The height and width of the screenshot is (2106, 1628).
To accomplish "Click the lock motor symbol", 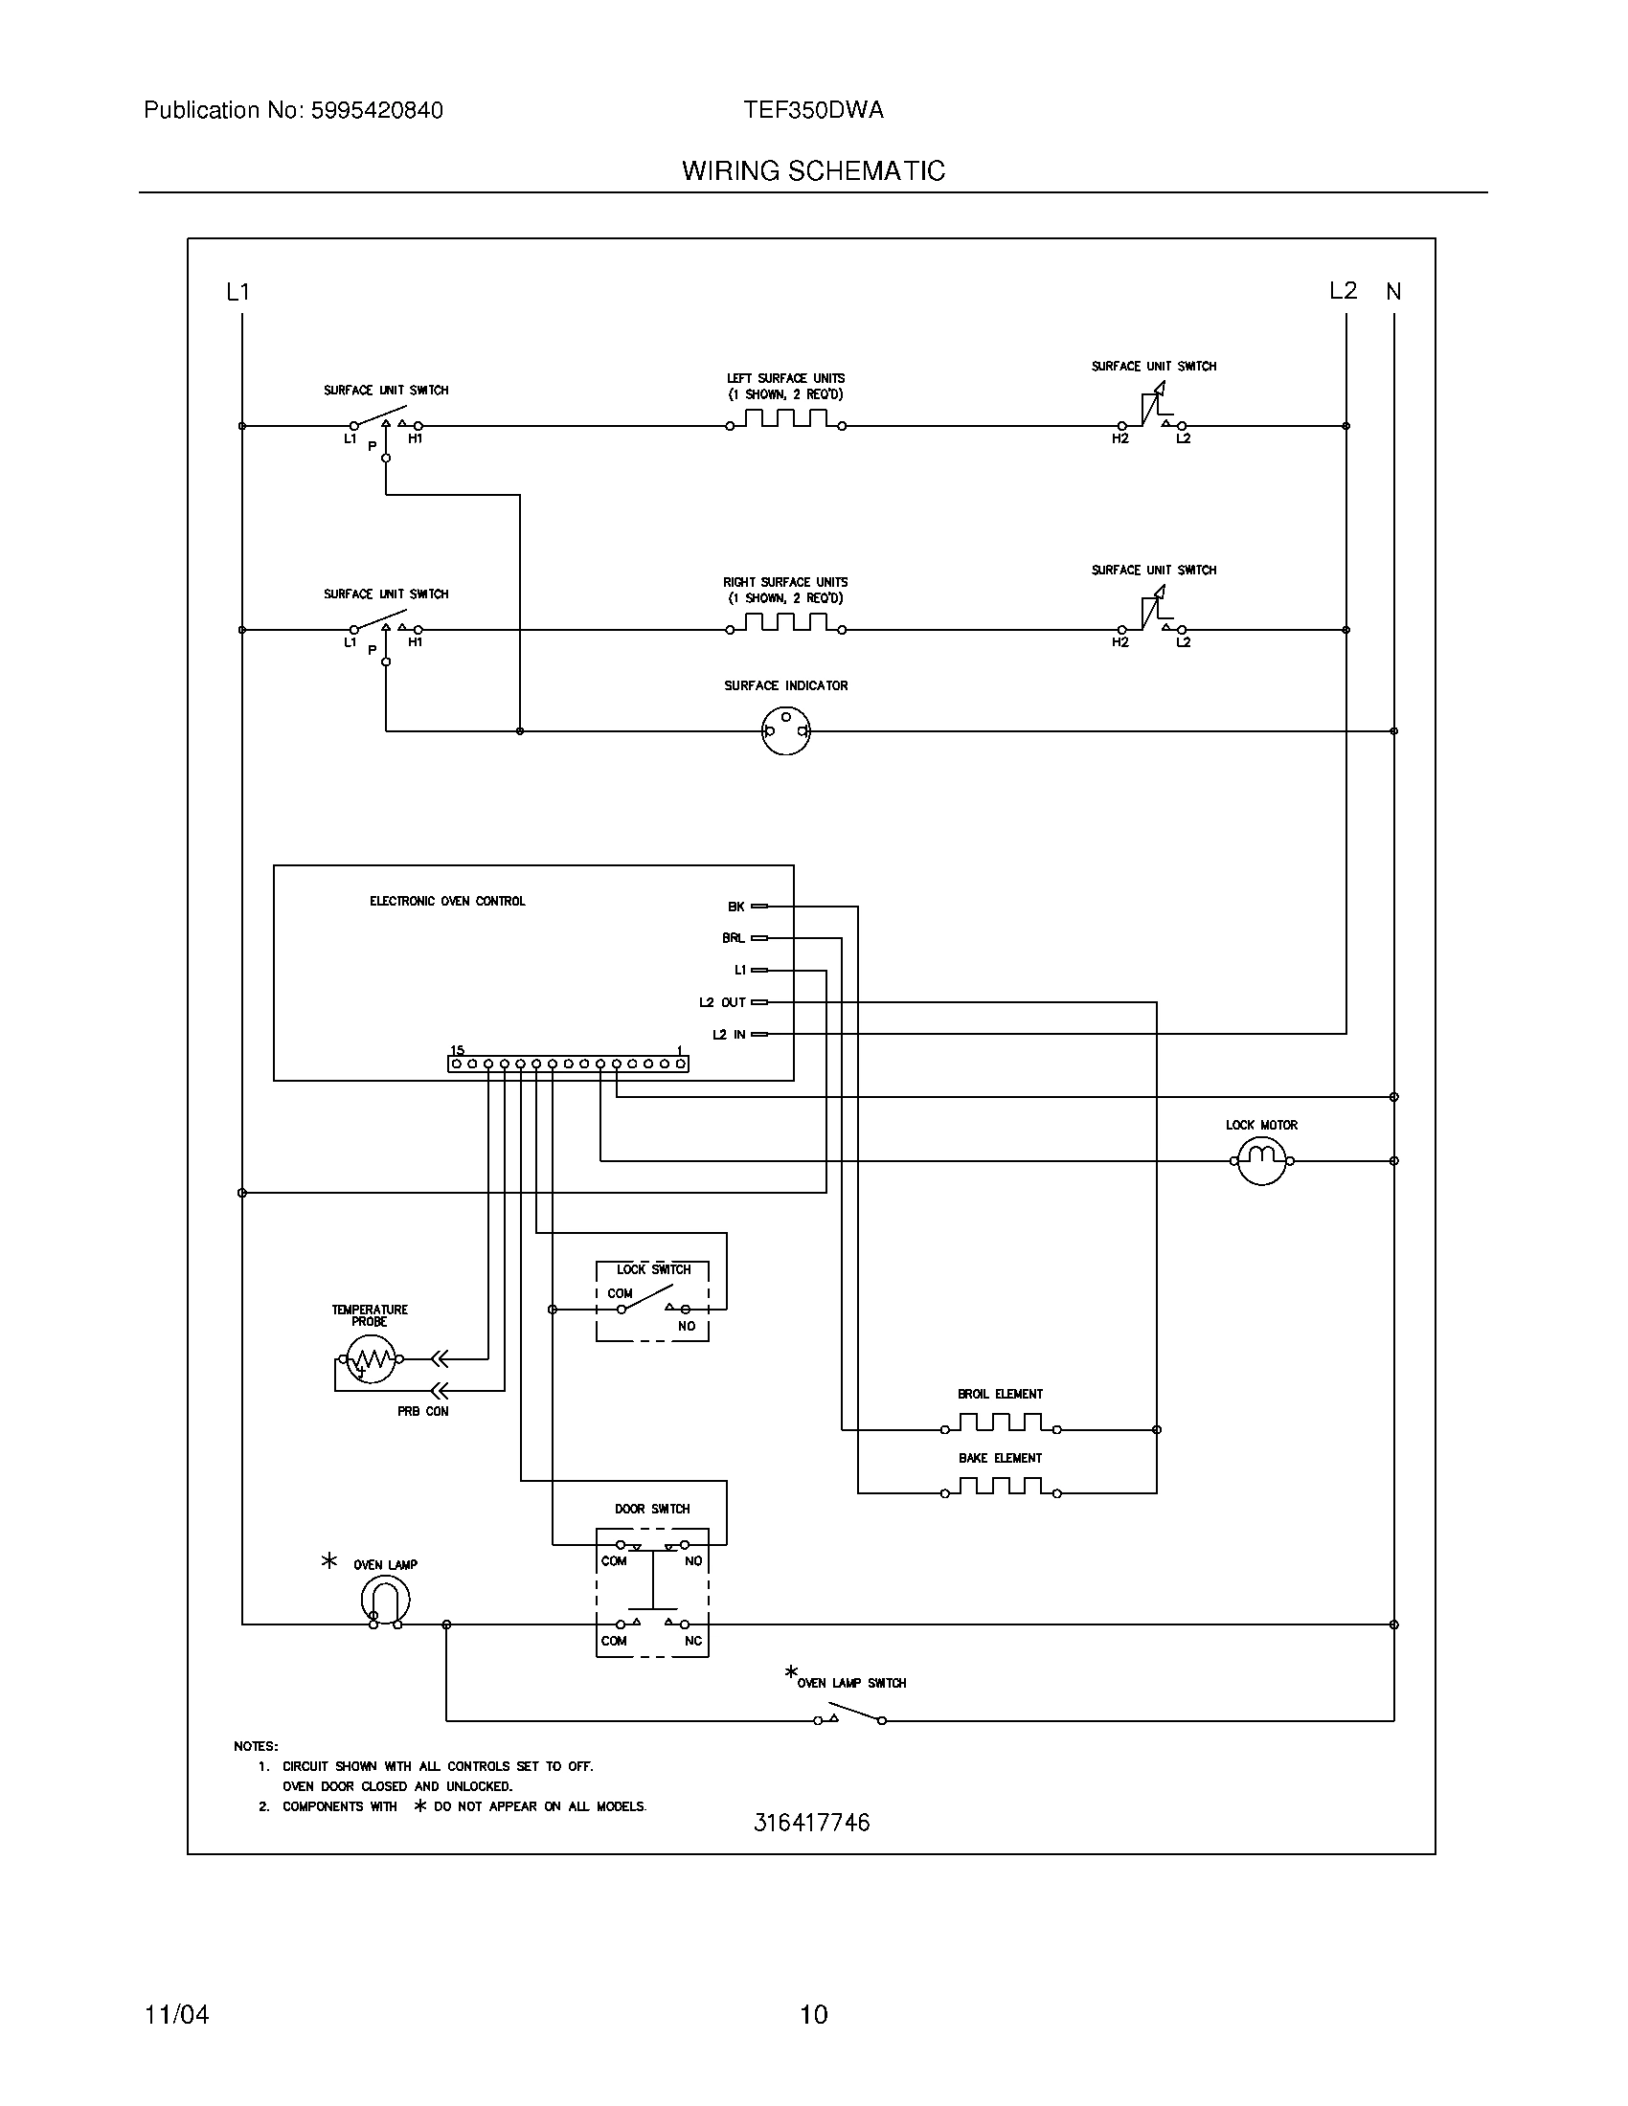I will [1261, 1160].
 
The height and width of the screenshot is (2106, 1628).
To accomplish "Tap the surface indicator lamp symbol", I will [785, 731].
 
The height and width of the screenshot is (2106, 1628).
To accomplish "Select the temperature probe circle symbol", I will [371, 1359].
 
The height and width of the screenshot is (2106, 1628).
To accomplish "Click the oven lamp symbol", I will [385, 1602].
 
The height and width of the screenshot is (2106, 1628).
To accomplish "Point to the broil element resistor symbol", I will [1000, 1423].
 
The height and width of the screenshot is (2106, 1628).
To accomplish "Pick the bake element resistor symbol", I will [1000, 1487].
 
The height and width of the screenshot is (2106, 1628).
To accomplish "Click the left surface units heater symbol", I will [786, 419].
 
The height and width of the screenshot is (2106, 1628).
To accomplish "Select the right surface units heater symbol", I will [786, 624].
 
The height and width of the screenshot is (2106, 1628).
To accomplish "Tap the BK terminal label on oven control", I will [735, 907].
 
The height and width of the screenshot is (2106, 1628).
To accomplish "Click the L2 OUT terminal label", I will [722, 1003].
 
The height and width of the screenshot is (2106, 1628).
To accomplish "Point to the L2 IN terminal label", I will [729, 1035].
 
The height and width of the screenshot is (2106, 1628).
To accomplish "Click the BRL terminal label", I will [733, 938].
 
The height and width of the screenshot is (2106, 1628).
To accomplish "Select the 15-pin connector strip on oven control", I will [568, 1064].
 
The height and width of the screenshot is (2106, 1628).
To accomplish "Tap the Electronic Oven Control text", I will [447, 901].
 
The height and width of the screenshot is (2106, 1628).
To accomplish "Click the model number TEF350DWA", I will [813, 110].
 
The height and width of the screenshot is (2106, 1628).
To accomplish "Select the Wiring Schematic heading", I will [813, 170].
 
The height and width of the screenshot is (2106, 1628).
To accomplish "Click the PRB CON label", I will [422, 1411].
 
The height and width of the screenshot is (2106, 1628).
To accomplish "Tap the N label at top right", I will [1393, 291].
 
